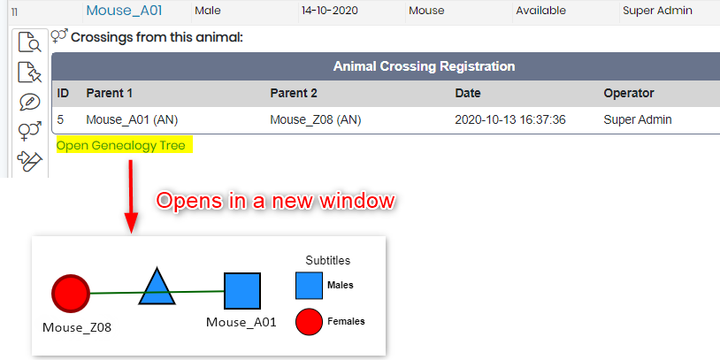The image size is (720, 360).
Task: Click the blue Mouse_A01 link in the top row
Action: click(124, 11)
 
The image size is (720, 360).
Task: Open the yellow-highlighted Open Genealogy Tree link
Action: click(121, 146)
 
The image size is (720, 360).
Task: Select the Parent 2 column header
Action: click(294, 93)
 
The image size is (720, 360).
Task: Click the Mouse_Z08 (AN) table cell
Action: click(316, 119)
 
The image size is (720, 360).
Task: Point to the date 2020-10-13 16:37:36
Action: click(510, 119)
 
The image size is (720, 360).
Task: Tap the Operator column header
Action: click(629, 93)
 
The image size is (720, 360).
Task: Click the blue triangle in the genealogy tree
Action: click(157, 287)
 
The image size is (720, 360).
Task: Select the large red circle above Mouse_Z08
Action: click(71, 293)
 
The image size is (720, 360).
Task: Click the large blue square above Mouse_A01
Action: click(242, 291)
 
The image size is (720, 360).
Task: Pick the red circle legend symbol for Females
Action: click(309, 321)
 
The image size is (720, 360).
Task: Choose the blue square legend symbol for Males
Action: click(309, 286)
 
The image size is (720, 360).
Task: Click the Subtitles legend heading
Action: click(328, 260)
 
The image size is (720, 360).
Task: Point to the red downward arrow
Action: click(131, 196)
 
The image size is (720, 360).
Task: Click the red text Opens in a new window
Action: click(275, 201)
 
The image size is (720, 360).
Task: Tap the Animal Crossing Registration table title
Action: click(424, 66)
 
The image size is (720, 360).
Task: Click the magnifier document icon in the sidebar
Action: click(30, 42)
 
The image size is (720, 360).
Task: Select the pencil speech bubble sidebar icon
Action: click(30, 103)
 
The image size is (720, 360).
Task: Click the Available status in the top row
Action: click(541, 11)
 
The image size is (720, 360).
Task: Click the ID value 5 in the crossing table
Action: click(61, 119)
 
